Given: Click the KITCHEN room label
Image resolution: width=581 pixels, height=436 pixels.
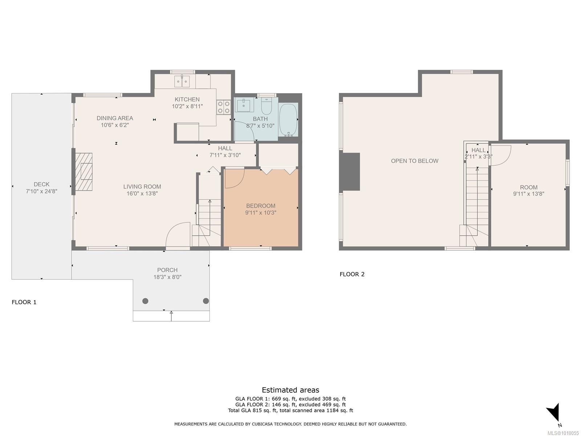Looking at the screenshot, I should click(187, 99).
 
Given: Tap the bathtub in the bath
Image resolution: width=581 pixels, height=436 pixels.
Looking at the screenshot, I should click(288, 120).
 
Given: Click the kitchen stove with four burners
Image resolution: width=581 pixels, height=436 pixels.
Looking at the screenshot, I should click(223, 107).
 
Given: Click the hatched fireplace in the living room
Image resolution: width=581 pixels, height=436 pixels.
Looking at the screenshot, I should click(83, 171).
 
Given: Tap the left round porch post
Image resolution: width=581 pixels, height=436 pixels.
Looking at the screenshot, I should click(145, 301).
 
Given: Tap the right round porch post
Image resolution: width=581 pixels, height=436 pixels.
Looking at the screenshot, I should click(206, 301).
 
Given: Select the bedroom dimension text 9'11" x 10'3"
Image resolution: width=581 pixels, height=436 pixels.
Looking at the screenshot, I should click(260, 213).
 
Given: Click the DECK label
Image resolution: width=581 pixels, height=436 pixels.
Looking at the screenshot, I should click(41, 184).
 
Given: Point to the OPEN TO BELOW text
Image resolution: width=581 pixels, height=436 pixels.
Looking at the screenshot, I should click(414, 161).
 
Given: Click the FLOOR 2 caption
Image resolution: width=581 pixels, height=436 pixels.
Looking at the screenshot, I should click(352, 274).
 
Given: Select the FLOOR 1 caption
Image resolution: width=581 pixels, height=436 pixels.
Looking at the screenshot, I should click(24, 302).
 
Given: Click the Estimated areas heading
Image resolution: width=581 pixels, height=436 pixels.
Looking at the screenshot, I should click(290, 390).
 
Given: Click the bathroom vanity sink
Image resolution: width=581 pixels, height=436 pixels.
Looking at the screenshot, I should click(243, 105).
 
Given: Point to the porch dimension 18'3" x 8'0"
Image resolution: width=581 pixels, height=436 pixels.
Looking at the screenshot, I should click(167, 277).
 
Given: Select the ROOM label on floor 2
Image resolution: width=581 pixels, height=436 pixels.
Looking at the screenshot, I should click(528, 187).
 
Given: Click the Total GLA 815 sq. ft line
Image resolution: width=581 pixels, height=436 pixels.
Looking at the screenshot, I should click(290, 411).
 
